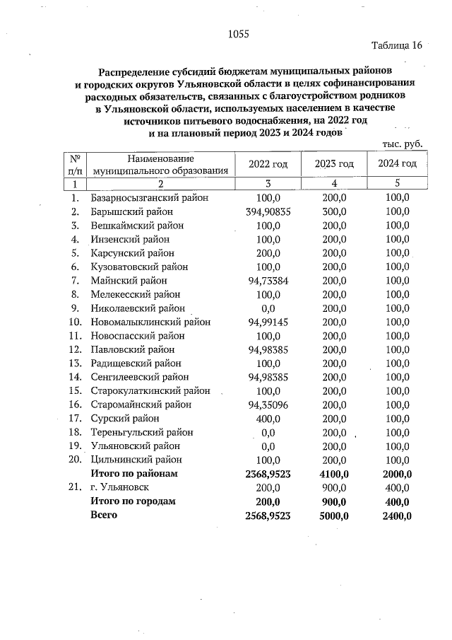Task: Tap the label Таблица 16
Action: pos(396,46)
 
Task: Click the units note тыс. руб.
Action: pos(402,144)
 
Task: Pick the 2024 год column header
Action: pos(397,164)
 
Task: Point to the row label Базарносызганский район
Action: pos(149,198)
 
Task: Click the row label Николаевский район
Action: pos(137,308)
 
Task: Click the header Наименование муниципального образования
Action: pos(160,164)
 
